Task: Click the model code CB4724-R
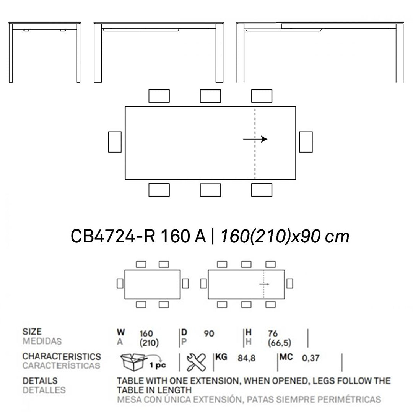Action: click(x=113, y=236)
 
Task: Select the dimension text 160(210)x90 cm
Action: click(x=284, y=236)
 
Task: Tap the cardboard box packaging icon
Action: click(x=133, y=361)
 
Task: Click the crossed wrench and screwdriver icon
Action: click(x=196, y=362)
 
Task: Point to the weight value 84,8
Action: click(x=246, y=358)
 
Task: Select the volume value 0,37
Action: click(x=311, y=358)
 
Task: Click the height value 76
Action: click(x=273, y=334)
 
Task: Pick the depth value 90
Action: click(x=209, y=334)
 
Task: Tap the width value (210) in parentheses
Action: click(x=149, y=343)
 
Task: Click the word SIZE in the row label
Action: click(x=32, y=332)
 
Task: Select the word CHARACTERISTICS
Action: click(x=62, y=356)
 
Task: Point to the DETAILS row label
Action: click(x=40, y=381)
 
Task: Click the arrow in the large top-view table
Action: click(x=255, y=139)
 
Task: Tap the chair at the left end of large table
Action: click(x=115, y=142)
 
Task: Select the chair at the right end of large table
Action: click(x=306, y=142)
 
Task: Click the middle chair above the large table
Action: click(x=210, y=96)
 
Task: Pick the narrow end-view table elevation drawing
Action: click(x=45, y=52)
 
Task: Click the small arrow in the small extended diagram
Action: click(x=264, y=284)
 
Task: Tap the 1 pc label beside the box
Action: click(x=160, y=365)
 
